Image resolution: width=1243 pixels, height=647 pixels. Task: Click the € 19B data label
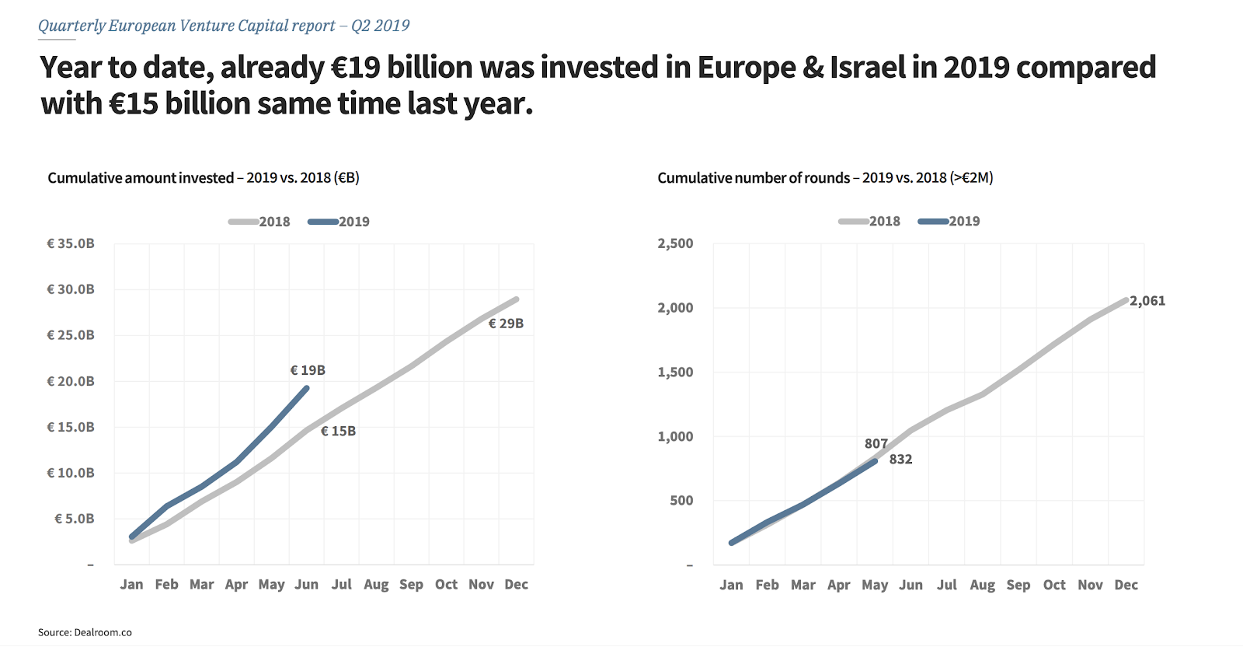pos(308,370)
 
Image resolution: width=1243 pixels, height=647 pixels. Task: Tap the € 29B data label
pos(506,323)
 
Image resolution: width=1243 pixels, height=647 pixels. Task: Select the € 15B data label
pos(338,431)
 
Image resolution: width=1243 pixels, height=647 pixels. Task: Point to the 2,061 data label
pos(1147,301)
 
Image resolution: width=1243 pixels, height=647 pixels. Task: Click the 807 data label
pos(876,443)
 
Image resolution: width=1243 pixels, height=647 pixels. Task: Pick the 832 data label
pos(900,460)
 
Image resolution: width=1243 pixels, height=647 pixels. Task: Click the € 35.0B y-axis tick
pos(71,243)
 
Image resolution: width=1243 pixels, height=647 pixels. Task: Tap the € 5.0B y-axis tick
pos(75,519)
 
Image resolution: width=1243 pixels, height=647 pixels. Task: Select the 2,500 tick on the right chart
pos(675,243)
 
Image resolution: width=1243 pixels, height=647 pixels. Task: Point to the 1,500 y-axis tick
pos(675,372)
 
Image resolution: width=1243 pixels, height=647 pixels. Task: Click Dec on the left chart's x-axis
pos(516,585)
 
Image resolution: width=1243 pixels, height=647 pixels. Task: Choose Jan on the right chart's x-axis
pos(731,585)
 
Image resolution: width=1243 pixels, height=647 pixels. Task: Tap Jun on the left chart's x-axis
pos(306,585)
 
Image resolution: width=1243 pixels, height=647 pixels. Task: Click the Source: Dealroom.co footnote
pos(85,632)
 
